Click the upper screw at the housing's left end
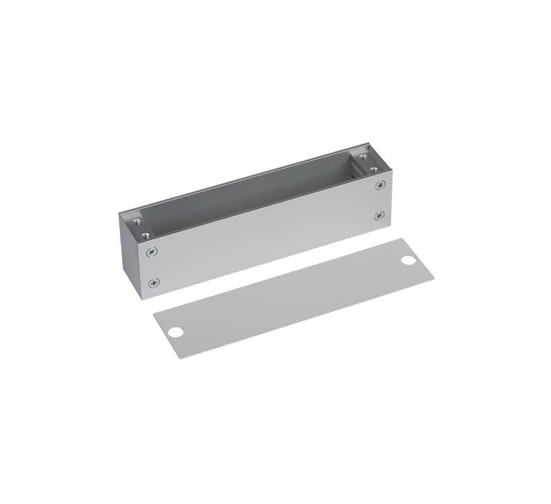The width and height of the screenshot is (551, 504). (x=152, y=252)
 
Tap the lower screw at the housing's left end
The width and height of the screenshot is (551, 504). (x=154, y=282)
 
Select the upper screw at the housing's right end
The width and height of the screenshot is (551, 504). (x=380, y=185)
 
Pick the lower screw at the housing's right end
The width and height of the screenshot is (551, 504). (x=380, y=216)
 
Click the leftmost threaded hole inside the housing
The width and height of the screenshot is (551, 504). (x=137, y=222)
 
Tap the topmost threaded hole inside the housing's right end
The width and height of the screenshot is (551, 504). (x=362, y=158)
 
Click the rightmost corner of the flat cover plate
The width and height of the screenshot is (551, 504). (x=434, y=279)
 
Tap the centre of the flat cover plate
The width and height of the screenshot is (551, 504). (x=293, y=298)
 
